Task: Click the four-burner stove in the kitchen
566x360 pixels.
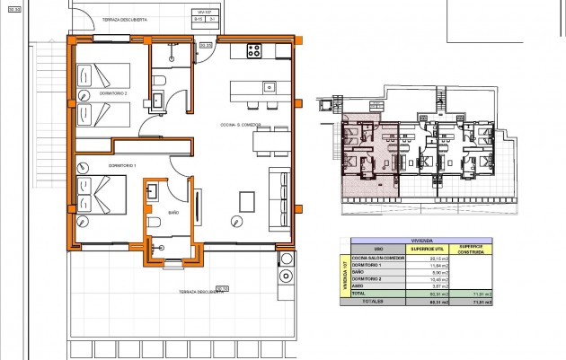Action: pyautogui.click(x=253, y=51)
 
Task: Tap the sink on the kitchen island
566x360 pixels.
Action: pyautogui.click(x=267, y=87)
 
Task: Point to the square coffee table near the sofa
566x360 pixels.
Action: pyautogui.click(x=245, y=199)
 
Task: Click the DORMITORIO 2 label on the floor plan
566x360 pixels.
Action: pyautogui.click(x=95, y=92)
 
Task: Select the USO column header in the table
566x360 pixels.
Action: pyautogui.click(x=378, y=249)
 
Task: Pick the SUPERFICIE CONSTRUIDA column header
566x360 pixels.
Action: pyautogui.click(x=472, y=249)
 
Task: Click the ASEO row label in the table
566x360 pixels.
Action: pyautogui.click(x=357, y=285)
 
